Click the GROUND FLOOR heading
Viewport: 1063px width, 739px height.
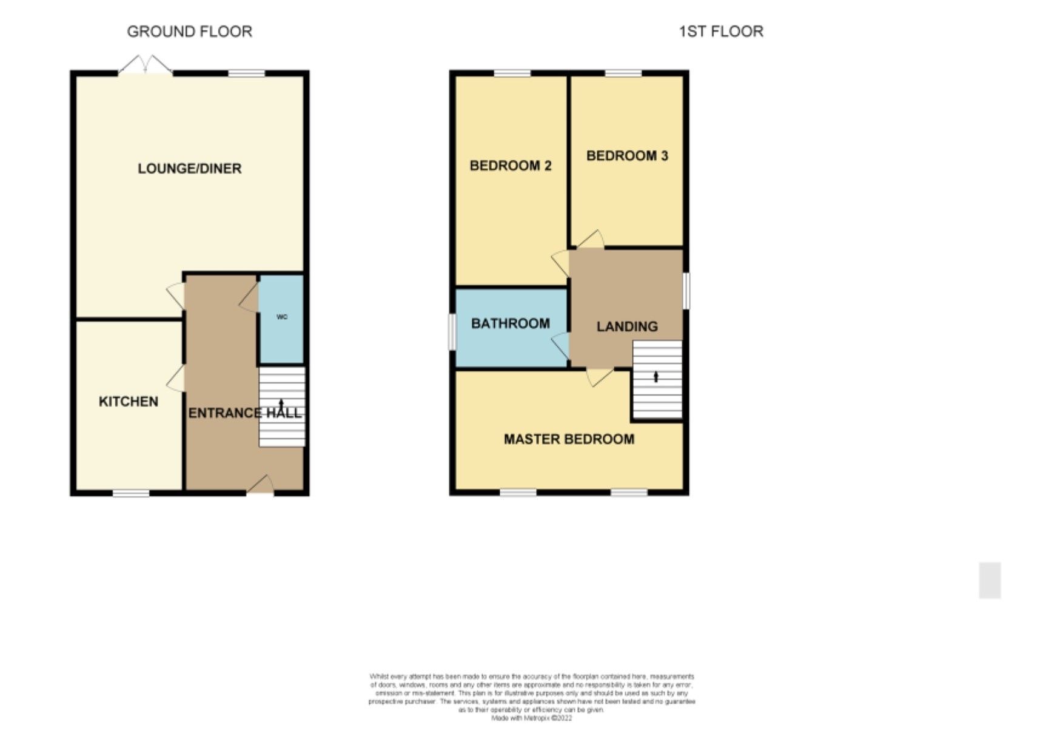(189, 32)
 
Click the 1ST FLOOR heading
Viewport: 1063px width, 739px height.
(720, 32)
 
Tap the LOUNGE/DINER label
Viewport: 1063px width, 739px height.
(189, 169)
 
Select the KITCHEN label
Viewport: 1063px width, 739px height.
(129, 402)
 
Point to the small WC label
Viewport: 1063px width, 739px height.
(282, 317)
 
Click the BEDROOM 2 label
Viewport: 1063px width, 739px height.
(511, 166)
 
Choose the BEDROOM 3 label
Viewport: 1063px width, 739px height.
(627, 156)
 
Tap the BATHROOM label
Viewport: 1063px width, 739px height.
(511, 323)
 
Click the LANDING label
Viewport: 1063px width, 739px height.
(627, 326)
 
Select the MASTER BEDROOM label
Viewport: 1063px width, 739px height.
(569, 439)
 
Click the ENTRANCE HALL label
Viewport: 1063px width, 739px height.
(244, 413)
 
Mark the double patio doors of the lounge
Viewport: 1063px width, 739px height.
(146, 65)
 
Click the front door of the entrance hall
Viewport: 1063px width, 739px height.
(261, 485)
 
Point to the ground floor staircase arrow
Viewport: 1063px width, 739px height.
(281, 403)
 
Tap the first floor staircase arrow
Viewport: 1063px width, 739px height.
(656, 377)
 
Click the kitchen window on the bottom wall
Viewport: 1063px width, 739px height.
(131, 493)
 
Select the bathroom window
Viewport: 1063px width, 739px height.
(452, 331)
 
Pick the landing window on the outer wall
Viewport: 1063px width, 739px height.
(686, 291)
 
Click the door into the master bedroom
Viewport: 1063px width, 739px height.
(599, 377)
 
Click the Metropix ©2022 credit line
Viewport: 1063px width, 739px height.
(531, 718)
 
